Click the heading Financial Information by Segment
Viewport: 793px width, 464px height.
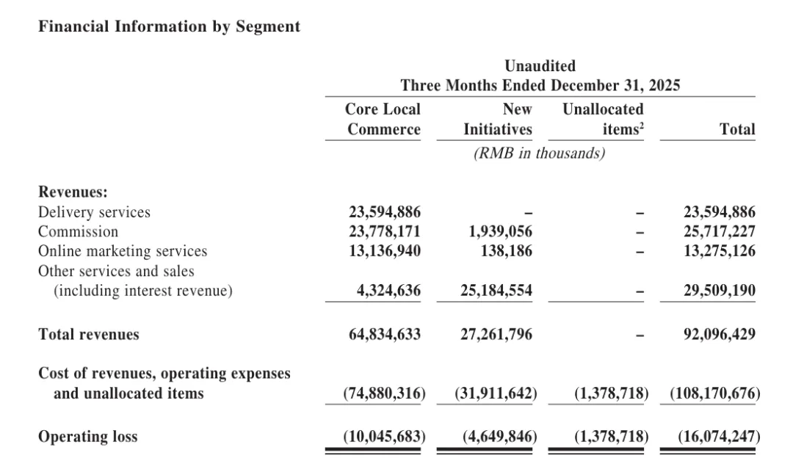click(169, 26)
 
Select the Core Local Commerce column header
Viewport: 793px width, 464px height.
click(383, 120)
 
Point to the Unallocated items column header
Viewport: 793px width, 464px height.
click(603, 120)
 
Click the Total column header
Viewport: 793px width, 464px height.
click(737, 130)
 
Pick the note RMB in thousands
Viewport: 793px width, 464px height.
click(540, 153)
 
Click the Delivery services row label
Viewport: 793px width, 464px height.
click(94, 212)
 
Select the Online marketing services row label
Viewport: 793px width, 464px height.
click(123, 251)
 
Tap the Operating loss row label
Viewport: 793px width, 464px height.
click(87, 437)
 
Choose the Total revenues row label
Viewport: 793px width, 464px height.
click(88, 335)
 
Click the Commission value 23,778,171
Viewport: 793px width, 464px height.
click(384, 232)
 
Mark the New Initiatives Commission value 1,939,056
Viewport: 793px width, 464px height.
click(500, 232)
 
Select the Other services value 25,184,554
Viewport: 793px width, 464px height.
click(496, 291)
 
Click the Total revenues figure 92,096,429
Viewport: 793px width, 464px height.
click(719, 335)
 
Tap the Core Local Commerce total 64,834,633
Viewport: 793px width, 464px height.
click(384, 335)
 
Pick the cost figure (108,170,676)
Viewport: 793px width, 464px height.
click(714, 394)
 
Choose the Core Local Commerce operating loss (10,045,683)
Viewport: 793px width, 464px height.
click(384, 437)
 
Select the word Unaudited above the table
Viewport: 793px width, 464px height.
click(540, 67)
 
